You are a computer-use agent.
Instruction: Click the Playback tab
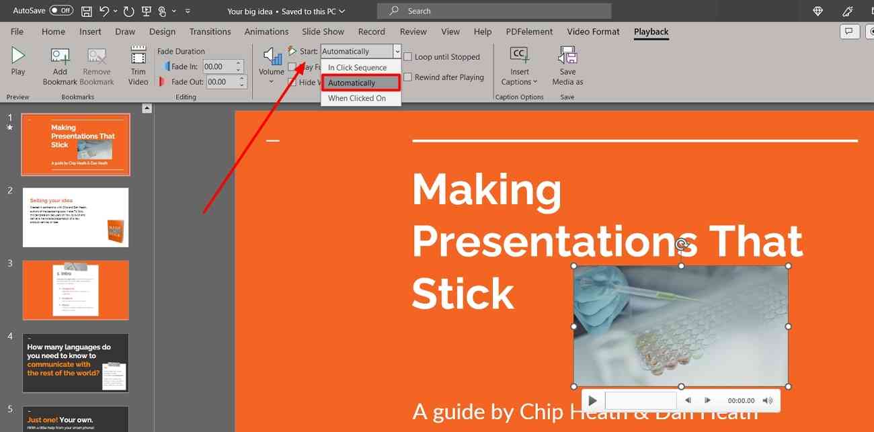tap(651, 32)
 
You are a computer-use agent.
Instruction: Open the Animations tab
tap(266, 32)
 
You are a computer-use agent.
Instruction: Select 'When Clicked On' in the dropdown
tap(357, 98)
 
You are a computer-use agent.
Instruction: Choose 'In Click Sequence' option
tap(357, 67)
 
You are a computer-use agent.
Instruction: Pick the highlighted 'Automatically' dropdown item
tap(352, 83)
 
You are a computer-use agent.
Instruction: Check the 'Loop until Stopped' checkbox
tap(408, 57)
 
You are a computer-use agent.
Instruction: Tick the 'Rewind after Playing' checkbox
tap(408, 77)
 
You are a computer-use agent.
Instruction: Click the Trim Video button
tap(138, 65)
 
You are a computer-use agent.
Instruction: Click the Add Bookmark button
tap(60, 65)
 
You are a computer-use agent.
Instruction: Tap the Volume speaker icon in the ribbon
tap(272, 57)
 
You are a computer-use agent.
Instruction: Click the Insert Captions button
tap(519, 65)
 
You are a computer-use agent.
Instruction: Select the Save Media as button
tap(567, 65)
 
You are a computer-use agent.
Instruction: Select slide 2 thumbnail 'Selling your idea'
tap(75, 217)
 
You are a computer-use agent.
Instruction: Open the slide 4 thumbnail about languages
tap(75, 363)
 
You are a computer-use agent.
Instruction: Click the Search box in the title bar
tap(494, 11)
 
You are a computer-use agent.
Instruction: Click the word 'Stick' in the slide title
tap(463, 294)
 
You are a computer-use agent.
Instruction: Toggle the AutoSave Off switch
tap(61, 11)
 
